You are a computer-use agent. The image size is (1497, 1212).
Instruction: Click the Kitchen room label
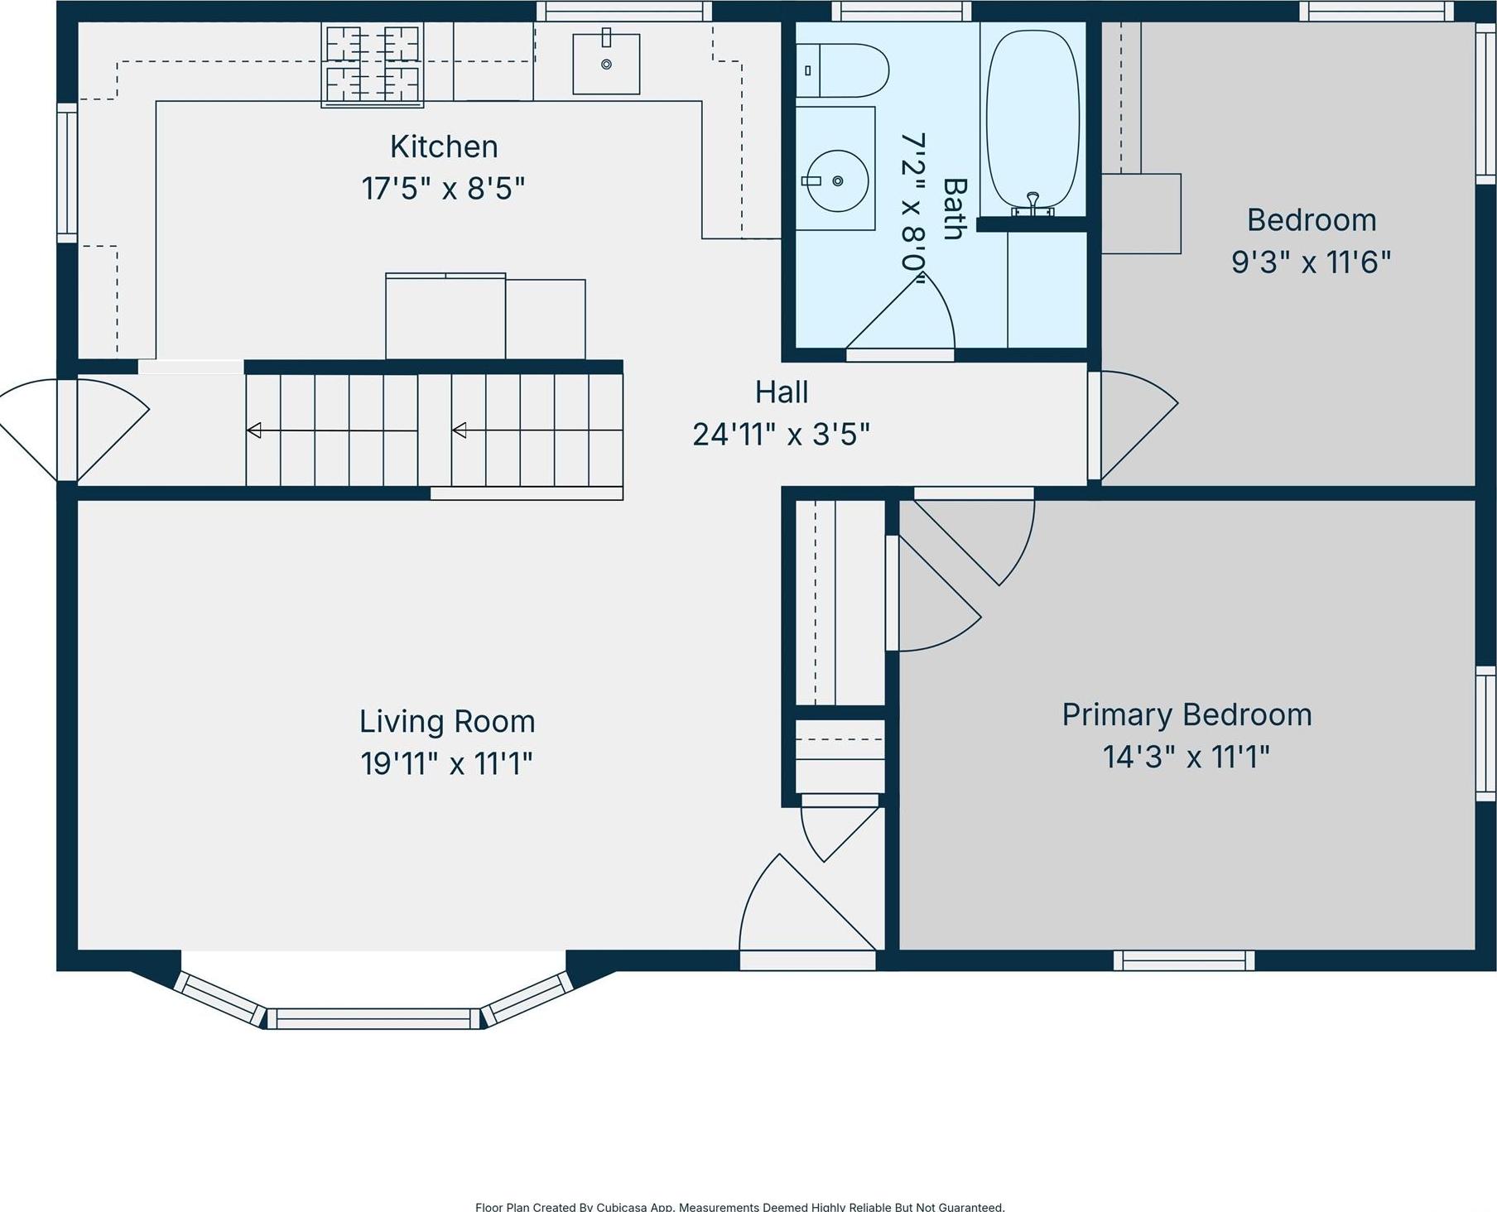[x=444, y=147]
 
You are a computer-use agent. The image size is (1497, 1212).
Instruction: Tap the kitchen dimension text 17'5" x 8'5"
[x=443, y=189]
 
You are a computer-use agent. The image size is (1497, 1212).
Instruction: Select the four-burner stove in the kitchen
[x=373, y=64]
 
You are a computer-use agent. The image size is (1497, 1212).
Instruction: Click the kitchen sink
[x=606, y=64]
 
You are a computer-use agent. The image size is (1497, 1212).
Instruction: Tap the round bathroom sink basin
[x=836, y=180]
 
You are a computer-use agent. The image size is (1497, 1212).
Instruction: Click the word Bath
[x=955, y=209]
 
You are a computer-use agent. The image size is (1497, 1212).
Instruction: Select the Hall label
[x=781, y=392]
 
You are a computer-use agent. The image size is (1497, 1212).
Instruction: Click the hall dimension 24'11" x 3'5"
[x=781, y=434]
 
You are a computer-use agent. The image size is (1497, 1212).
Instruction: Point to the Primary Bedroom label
[x=1187, y=714]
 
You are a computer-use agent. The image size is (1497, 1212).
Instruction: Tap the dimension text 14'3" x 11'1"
[x=1187, y=757]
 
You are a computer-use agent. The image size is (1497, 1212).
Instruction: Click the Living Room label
[x=447, y=721]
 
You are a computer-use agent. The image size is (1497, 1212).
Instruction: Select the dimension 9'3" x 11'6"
[x=1311, y=262]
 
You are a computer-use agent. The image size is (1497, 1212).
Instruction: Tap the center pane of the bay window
[x=373, y=1018]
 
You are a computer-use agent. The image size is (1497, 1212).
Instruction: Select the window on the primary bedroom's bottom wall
[x=1184, y=960]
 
